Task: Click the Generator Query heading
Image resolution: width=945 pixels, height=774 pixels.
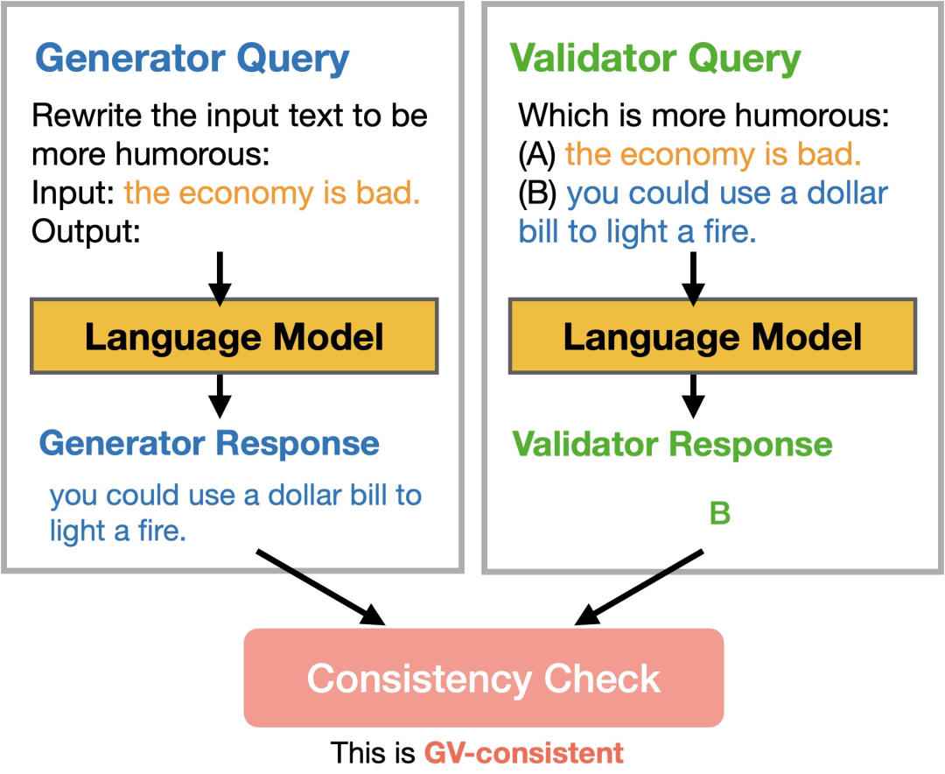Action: (192, 60)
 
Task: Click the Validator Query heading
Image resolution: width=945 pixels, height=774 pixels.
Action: (655, 60)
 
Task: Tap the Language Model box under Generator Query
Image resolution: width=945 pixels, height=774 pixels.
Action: (234, 336)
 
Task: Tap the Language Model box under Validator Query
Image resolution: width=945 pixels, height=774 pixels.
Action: (712, 336)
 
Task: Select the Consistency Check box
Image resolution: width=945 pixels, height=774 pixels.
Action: (483, 678)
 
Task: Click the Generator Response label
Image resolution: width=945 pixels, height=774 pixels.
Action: (209, 444)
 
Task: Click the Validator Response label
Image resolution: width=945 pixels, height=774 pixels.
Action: (672, 445)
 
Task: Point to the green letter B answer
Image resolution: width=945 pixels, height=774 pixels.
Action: (719, 513)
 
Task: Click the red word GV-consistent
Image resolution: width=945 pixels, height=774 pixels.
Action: (524, 753)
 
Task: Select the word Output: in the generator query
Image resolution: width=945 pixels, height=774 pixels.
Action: (86, 231)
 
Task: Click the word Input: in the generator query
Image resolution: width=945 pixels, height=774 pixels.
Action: (73, 193)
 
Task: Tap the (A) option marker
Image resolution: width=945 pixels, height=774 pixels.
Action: (536, 154)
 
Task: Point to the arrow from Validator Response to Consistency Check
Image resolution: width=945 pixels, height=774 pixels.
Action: (639, 587)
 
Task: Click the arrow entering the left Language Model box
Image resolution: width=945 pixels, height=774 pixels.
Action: (220, 278)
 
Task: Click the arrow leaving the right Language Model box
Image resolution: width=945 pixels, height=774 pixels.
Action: (693, 397)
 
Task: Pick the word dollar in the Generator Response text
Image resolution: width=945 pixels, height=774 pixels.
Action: (305, 495)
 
